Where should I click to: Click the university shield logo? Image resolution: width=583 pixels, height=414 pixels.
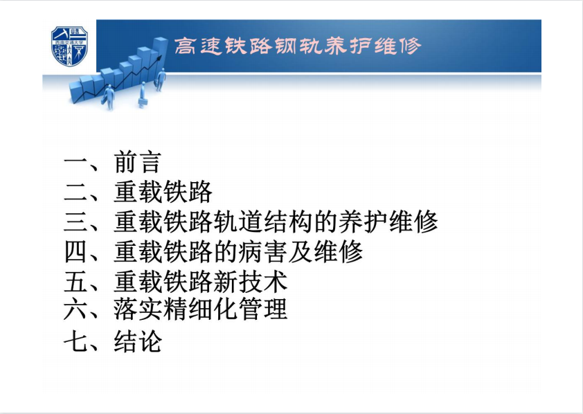point(69,46)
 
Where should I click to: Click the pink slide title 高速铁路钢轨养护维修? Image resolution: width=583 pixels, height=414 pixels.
point(298,46)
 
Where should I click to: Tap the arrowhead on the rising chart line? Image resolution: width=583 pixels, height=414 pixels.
point(160,57)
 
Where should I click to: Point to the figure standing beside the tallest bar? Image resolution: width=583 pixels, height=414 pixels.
point(161,79)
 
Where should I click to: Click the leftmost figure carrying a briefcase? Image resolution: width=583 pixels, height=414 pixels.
point(108,97)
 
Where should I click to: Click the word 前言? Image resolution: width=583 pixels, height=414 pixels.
point(138,163)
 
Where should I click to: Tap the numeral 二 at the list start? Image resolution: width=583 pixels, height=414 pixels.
point(75,192)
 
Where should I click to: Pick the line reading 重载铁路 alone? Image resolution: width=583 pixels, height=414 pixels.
point(163,192)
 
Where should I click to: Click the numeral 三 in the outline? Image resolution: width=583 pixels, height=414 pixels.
point(75,222)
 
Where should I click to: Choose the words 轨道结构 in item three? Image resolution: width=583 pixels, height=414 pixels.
point(263,222)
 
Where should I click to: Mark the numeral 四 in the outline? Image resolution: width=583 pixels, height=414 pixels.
point(75,251)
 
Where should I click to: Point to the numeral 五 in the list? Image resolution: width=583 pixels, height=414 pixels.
point(75,281)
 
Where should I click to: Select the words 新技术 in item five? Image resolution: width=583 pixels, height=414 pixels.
point(251,281)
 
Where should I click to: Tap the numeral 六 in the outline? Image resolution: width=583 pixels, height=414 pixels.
point(75,309)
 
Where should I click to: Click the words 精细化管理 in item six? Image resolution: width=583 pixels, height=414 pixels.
point(225,309)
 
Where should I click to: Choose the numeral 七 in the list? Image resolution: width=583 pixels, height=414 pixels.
point(75,341)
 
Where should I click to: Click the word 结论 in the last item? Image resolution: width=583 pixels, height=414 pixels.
point(138,341)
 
